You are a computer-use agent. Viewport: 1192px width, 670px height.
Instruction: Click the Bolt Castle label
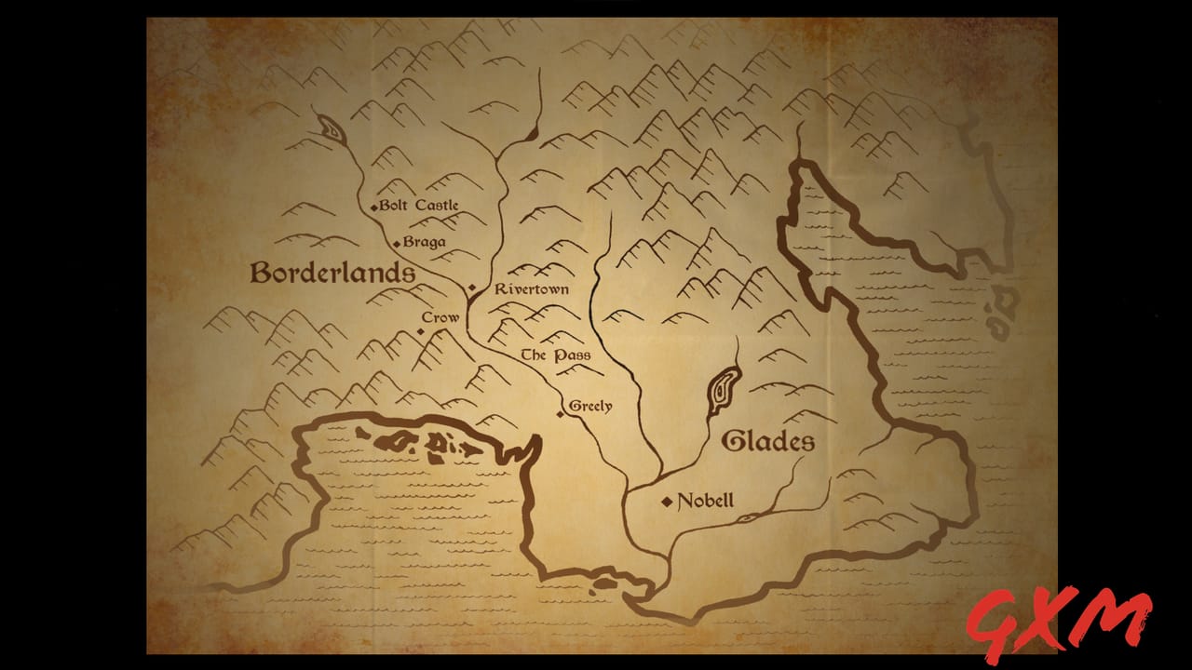(419, 205)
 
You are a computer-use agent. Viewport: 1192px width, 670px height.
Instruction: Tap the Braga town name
(425, 242)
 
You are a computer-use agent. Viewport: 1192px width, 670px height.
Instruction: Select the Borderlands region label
(332, 273)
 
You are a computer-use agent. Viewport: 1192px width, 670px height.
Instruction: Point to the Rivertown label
(532, 289)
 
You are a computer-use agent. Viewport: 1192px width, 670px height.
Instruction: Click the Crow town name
(440, 317)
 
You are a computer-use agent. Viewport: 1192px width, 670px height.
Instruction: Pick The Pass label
(555, 355)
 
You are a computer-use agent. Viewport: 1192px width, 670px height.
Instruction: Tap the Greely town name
(590, 406)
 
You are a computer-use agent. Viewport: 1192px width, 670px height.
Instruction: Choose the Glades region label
(768, 441)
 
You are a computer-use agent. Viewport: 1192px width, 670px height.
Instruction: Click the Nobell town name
(705, 501)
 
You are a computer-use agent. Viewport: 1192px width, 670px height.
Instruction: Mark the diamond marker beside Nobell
(667, 502)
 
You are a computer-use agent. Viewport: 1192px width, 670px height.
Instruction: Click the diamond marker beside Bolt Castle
(373, 207)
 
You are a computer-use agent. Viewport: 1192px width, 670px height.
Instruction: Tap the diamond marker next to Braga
(397, 244)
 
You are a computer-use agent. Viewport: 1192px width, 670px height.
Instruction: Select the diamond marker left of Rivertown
(472, 288)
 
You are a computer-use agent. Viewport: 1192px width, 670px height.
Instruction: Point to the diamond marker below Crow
(421, 330)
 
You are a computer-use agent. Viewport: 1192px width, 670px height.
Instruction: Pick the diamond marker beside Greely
(561, 413)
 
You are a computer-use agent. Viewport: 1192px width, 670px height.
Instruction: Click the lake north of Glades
(723, 391)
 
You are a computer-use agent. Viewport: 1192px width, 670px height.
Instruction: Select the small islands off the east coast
(1004, 312)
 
